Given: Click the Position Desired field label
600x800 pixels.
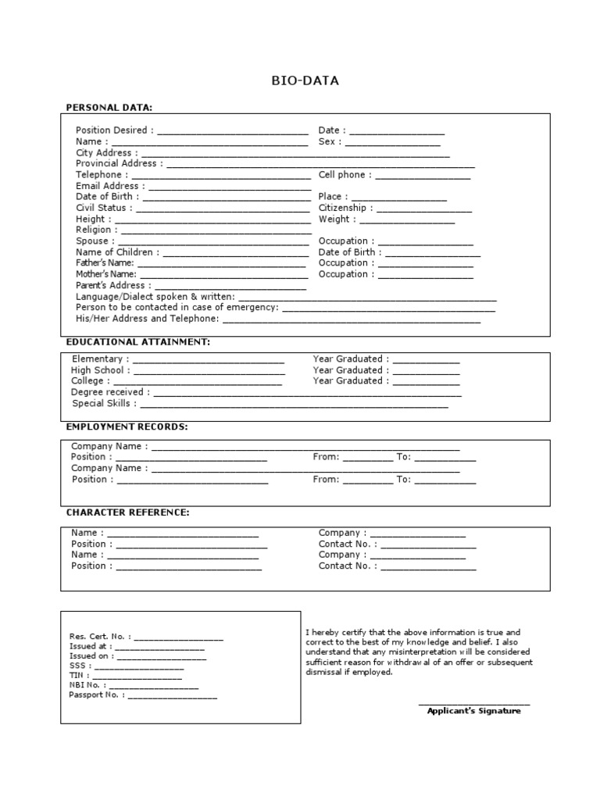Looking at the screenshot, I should point(114,130).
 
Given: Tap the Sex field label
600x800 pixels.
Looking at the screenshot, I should point(329,141).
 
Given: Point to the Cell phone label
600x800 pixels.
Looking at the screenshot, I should point(345,175).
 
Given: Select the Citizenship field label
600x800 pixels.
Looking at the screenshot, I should point(345,209).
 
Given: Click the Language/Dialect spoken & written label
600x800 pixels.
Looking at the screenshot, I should point(155,297).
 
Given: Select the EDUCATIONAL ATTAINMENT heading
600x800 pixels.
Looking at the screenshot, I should point(138,341).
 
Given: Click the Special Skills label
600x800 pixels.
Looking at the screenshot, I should point(105,404).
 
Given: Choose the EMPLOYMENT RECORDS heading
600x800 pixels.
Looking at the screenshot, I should point(127,427).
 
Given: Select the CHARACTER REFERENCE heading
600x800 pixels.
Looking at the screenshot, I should point(127,512).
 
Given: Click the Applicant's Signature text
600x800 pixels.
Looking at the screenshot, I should point(473,711).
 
